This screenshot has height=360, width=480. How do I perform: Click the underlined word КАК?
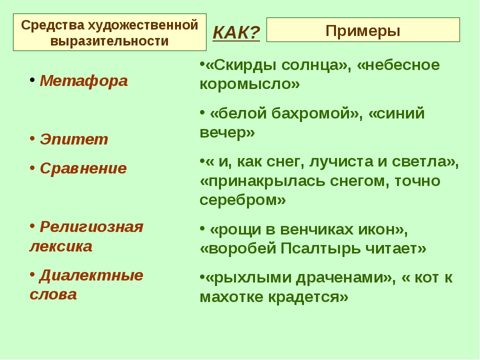coord(236,32)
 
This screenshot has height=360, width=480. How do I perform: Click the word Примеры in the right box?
coord(363,30)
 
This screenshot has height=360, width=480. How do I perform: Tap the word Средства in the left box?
coord(52,25)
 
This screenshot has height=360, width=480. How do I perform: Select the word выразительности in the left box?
coord(109,41)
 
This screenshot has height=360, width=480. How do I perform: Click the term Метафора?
coord(83,81)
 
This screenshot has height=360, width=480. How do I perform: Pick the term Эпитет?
coord(74,139)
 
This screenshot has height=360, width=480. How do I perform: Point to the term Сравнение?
coord(83,168)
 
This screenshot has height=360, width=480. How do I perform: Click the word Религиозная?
coord(91,227)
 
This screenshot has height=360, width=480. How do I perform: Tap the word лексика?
coord(61,246)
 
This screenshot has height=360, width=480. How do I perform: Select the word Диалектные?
coord(91,275)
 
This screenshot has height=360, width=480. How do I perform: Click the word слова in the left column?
coord(53,294)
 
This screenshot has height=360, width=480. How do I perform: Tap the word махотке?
coord(232,296)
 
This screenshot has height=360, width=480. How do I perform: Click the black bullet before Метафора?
coord(32,80)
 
